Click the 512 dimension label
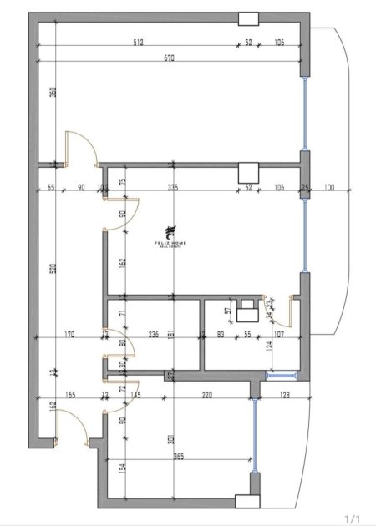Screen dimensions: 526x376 [x=139, y=42]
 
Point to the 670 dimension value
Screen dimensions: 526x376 [x=168, y=58]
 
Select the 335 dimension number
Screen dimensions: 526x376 [x=174, y=187]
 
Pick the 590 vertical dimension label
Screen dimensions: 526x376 [x=53, y=269]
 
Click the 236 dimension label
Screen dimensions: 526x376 [x=154, y=335]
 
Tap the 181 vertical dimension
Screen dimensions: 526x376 [x=170, y=336]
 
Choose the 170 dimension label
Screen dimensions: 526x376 [x=69, y=335]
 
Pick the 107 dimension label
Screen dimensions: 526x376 [x=278, y=335]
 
